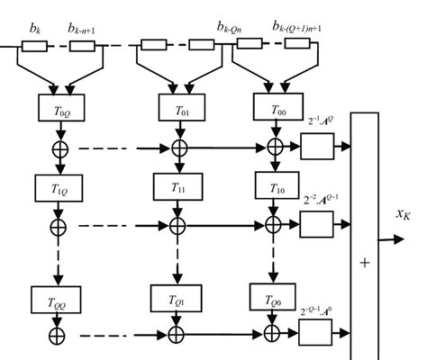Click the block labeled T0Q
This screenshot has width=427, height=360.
(59, 109)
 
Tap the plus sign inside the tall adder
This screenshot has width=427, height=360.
(364, 262)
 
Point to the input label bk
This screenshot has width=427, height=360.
(35, 30)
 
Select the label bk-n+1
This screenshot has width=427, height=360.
(83, 30)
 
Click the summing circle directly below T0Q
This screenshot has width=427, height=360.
(59, 145)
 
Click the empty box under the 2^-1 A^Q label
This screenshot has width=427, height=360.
(316, 145)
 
